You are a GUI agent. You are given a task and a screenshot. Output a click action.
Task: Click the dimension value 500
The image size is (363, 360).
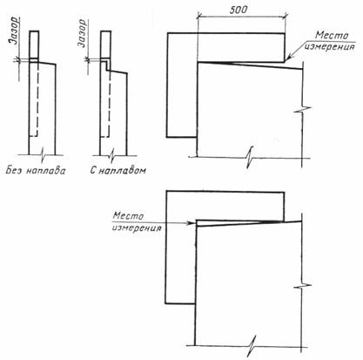tap(239, 10)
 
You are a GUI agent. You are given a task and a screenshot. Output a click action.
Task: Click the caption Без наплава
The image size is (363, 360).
tap(36, 170)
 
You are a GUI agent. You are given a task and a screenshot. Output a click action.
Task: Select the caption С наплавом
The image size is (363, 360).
tap(118, 170)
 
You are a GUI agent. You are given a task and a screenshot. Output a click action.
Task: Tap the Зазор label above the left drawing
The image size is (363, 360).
tap(14, 31)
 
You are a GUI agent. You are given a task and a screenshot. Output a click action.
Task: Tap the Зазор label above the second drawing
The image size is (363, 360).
tap(82, 33)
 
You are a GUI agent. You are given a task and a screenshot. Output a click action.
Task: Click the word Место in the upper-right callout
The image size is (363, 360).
tap(332, 36)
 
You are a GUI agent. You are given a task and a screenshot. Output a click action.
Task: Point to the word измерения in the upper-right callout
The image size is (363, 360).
tap(330, 46)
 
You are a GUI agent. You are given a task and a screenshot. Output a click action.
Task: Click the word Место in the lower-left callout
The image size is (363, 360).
tap(128, 216)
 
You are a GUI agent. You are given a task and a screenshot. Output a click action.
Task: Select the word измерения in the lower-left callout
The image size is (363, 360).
tap(137, 228)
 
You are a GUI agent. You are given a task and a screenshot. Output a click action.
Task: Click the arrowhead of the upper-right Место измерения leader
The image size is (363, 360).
tap(286, 59)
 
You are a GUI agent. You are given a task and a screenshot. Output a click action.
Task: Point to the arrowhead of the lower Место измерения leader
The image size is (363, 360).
tap(192, 223)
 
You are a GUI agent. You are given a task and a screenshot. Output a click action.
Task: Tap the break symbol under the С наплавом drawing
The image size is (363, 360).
tap(113, 155)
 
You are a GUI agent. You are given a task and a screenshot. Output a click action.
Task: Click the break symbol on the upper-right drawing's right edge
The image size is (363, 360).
tap(303, 110)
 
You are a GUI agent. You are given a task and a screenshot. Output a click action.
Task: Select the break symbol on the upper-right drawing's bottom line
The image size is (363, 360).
tap(249, 159)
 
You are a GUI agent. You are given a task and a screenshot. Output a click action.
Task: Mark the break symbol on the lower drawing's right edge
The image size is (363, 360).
tap(302, 286)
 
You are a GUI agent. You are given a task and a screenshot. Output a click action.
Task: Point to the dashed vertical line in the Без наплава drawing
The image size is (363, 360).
tap(37, 98)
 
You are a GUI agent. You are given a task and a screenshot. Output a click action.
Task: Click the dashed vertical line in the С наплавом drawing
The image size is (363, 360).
tap(110, 104)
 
